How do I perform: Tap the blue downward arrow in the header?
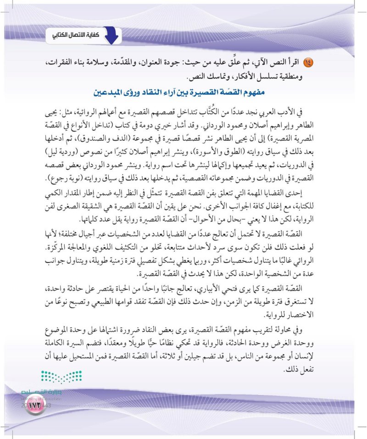point(110,35)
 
